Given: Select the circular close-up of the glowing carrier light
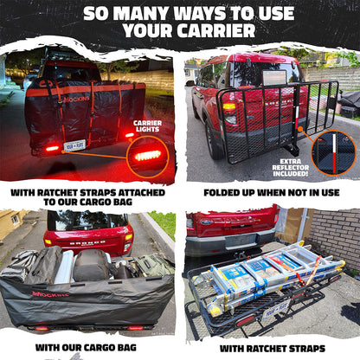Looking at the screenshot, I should (x=147, y=156).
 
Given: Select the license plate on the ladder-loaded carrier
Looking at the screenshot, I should (x=275, y=308).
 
